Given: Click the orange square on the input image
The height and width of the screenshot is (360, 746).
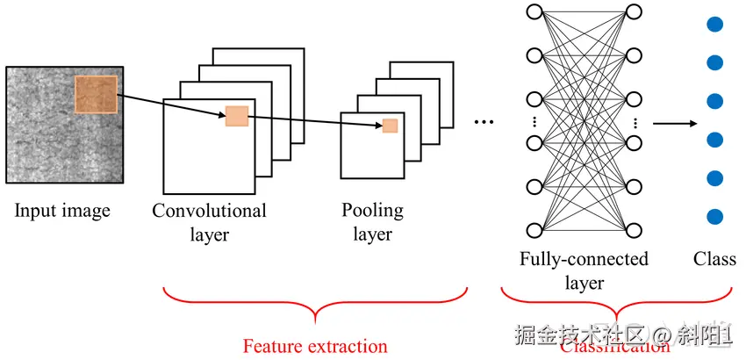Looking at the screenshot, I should (x=96, y=95).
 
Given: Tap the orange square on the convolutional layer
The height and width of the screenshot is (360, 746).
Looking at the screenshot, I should (x=237, y=115).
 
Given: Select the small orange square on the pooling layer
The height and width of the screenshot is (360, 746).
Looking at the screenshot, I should (x=390, y=126).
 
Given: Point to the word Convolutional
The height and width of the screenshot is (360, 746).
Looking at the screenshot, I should (x=209, y=211).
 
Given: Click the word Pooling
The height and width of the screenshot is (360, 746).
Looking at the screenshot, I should (x=373, y=211).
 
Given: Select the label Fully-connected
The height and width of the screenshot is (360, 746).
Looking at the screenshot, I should (x=584, y=259).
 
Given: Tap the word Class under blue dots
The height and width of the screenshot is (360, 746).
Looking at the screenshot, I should (x=714, y=259).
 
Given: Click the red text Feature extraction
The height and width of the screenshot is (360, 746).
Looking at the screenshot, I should (x=315, y=346).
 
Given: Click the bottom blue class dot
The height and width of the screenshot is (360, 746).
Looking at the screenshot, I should (x=714, y=216).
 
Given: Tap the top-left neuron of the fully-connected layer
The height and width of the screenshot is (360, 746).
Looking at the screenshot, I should (x=534, y=12).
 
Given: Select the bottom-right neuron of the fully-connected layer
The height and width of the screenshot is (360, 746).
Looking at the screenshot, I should (x=635, y=230).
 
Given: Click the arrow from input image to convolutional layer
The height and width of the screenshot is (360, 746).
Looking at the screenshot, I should (x=170, y=104).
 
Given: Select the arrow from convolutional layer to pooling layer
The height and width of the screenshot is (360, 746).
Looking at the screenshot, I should (x=316, y=120).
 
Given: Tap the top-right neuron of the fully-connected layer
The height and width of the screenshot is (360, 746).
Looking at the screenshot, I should (x=635, y=12).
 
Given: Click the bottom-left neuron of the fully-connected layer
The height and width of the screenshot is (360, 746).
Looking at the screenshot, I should (x=534, y=230).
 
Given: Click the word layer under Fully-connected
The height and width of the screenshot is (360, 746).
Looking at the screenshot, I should (x=584, y=283).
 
